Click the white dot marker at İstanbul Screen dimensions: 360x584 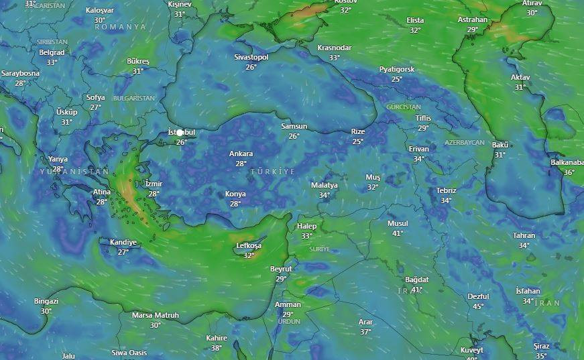[180, 133]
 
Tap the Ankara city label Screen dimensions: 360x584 [241, 154]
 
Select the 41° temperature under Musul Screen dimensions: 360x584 [397, 233]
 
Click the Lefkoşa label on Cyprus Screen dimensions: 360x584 [249, 246]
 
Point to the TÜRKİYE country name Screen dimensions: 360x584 [273, 172]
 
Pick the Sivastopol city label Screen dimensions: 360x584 [251, 58]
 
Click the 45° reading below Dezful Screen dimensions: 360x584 [478, 306]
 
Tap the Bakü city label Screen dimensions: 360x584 [500, 145]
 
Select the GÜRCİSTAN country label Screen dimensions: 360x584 [404, 107]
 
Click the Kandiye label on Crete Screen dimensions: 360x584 [123, 243]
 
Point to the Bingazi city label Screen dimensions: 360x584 [46, 302]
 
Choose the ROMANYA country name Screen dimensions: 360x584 [120, 27]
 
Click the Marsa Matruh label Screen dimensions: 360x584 [156, 315]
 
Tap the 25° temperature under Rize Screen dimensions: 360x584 [357, 141]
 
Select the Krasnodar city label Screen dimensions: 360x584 [334, 48]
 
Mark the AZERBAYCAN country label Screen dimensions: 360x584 [464, 143]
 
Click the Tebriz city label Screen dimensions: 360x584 [446, 191]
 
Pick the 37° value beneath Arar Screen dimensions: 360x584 [365, 332]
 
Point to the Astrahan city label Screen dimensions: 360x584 [473, 20]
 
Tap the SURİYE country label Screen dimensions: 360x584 [319, 249]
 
